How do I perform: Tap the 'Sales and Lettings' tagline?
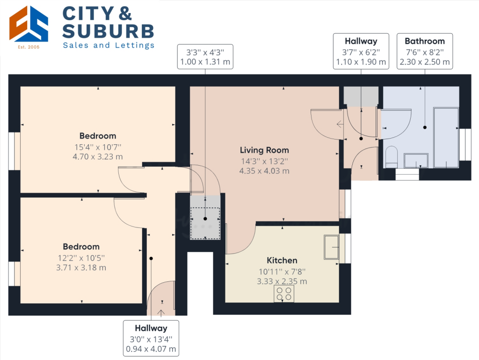coord(109,45)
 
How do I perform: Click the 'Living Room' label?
coord(264,150)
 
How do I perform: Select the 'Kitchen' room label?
coord(282,260)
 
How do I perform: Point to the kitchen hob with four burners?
coord(284,294)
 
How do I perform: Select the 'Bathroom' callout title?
coord(425,41)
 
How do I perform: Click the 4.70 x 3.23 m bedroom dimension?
coord(98,157)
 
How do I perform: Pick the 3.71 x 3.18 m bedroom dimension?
coord(81,268)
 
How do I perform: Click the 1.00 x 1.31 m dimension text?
coord(205,62)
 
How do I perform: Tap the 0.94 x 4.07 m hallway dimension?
coord(151,349)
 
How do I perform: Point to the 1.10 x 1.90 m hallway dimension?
coord(361,62)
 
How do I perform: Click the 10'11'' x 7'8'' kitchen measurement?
coord(282,271)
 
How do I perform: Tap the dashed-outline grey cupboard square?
coord(205,223)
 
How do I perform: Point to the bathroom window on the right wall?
coord(465,145)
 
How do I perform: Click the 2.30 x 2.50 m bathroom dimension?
coord(425,62)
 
